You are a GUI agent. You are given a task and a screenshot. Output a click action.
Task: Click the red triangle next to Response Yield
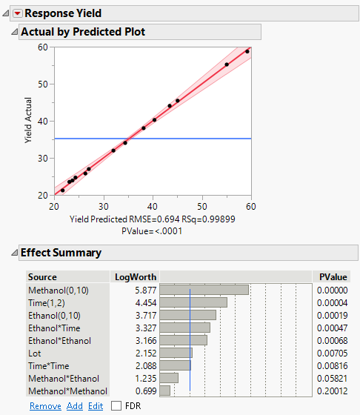tap(18, 13)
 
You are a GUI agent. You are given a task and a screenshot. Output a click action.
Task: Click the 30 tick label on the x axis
tap(103, 205)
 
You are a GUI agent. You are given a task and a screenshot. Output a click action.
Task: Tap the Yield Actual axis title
tap(29, 122)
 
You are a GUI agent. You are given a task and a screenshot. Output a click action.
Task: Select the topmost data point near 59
tap(247, 51)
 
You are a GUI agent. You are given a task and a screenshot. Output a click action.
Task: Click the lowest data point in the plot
tap(62, 190)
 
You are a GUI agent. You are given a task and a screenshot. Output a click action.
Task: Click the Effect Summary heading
tap(61, 253)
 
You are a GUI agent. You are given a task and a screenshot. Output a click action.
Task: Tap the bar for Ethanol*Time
tap(185, 328)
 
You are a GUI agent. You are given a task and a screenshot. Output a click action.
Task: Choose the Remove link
tap(45, 405)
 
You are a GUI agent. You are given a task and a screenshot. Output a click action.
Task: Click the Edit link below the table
tap(96, 405)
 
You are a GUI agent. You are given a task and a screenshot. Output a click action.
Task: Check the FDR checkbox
tap(116, 405)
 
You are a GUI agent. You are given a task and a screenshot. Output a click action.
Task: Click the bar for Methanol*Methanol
tap(165, 391)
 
